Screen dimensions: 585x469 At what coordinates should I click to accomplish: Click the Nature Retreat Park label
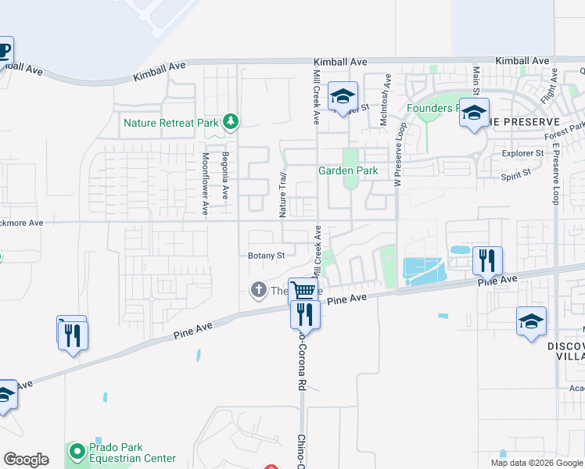coord(170,123)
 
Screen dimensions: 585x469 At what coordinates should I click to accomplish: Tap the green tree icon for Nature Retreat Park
coord(230,121)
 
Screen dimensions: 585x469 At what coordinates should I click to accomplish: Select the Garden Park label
coord(347,171)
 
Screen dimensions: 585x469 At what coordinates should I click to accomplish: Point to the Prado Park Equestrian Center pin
coord(77,452)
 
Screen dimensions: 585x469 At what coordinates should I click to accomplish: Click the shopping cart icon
coord(303,291)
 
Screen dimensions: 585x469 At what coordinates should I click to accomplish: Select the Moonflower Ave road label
coord(206,184)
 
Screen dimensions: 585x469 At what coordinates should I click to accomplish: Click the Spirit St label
coord(516,176)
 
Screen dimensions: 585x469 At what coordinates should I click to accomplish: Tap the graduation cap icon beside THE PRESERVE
coord(473,113)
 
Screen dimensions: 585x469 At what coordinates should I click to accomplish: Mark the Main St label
coord(476,84)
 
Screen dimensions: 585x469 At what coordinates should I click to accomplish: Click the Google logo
coord(26,460)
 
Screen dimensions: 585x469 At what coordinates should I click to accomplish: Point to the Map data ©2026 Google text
coord(536,463)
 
